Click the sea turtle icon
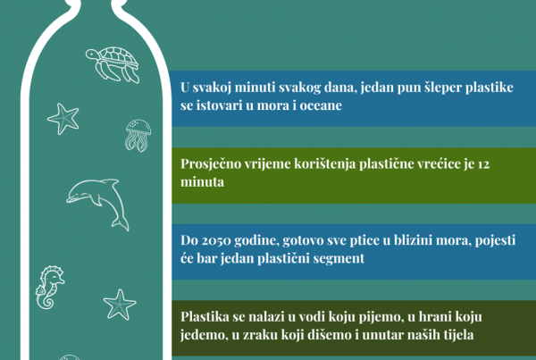click(113, 64)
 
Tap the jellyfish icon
click(138, 135)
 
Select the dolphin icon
click(98, 202)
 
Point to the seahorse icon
click(50, 287)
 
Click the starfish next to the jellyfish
click(63, 119)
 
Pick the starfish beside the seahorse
click(120, 305)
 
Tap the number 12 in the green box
click(483, 164)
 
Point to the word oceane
click(321, 105)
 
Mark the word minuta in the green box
click(203, 182)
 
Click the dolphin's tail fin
click(121, 223)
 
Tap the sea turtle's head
click(91, 54)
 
